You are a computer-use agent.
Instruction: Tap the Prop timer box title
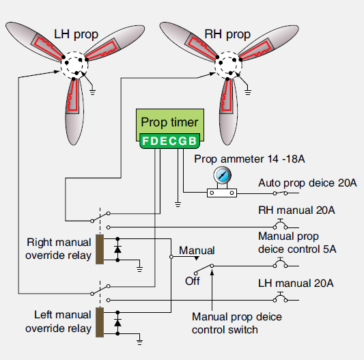pyautogui.click(x=169, y=122)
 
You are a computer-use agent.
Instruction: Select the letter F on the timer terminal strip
pyautogui.click(x=145, y=141)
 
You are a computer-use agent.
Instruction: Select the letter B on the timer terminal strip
pyautogui.click(x=193, y=141)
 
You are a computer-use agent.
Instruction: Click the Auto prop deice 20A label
pyautogui.click(x=307, y=184)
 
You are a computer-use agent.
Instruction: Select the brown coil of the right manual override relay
pyautogui.click(x=100, y=249)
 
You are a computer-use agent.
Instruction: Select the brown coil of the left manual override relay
pyautogui.click(x=100, y=322)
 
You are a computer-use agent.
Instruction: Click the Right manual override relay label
pyautogui.click(x=59, y=249)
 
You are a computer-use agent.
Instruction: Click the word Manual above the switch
pyautogui.click(x=197, y=251)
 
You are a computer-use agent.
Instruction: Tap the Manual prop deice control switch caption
pyautogui.click(x=236, y=324)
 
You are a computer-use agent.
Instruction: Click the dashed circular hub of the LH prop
pyautogui.click(x=75, y=66)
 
